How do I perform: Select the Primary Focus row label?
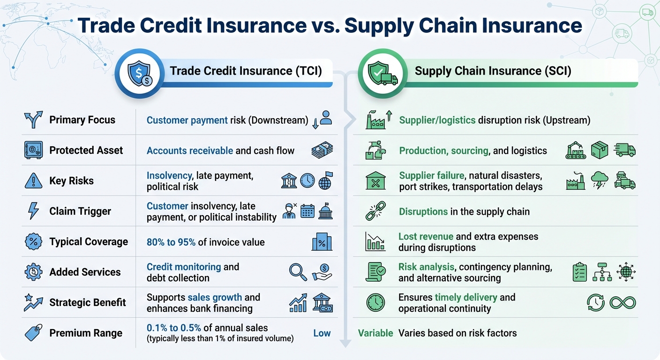click(x=82, y=120)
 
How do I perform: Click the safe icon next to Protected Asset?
click(x=33, y=150)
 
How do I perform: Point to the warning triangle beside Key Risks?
click(x=33, y=180)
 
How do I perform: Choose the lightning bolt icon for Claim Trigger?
click(x=33, y=211)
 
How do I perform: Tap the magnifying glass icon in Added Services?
click(x=298, y=272)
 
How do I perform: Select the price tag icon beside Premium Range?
click(x=33, y=333)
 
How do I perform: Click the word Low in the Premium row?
click(x=322, y=333)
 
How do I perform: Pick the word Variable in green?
click(x=375, y=333)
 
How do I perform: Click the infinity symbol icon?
click(x=622, y=303)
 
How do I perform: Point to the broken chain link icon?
click(x=375, y=211)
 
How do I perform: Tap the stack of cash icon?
click(x=322, y=150)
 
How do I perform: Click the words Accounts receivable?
click(x=189, y=150)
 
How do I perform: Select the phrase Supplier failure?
click(x=431, y=176)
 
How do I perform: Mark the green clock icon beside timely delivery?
click(x=375, y=302)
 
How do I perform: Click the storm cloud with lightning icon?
click(x=600, y=180)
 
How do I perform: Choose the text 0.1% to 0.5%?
click(x=176, y=327)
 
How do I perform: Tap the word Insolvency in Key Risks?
click(x=169, y=176)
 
